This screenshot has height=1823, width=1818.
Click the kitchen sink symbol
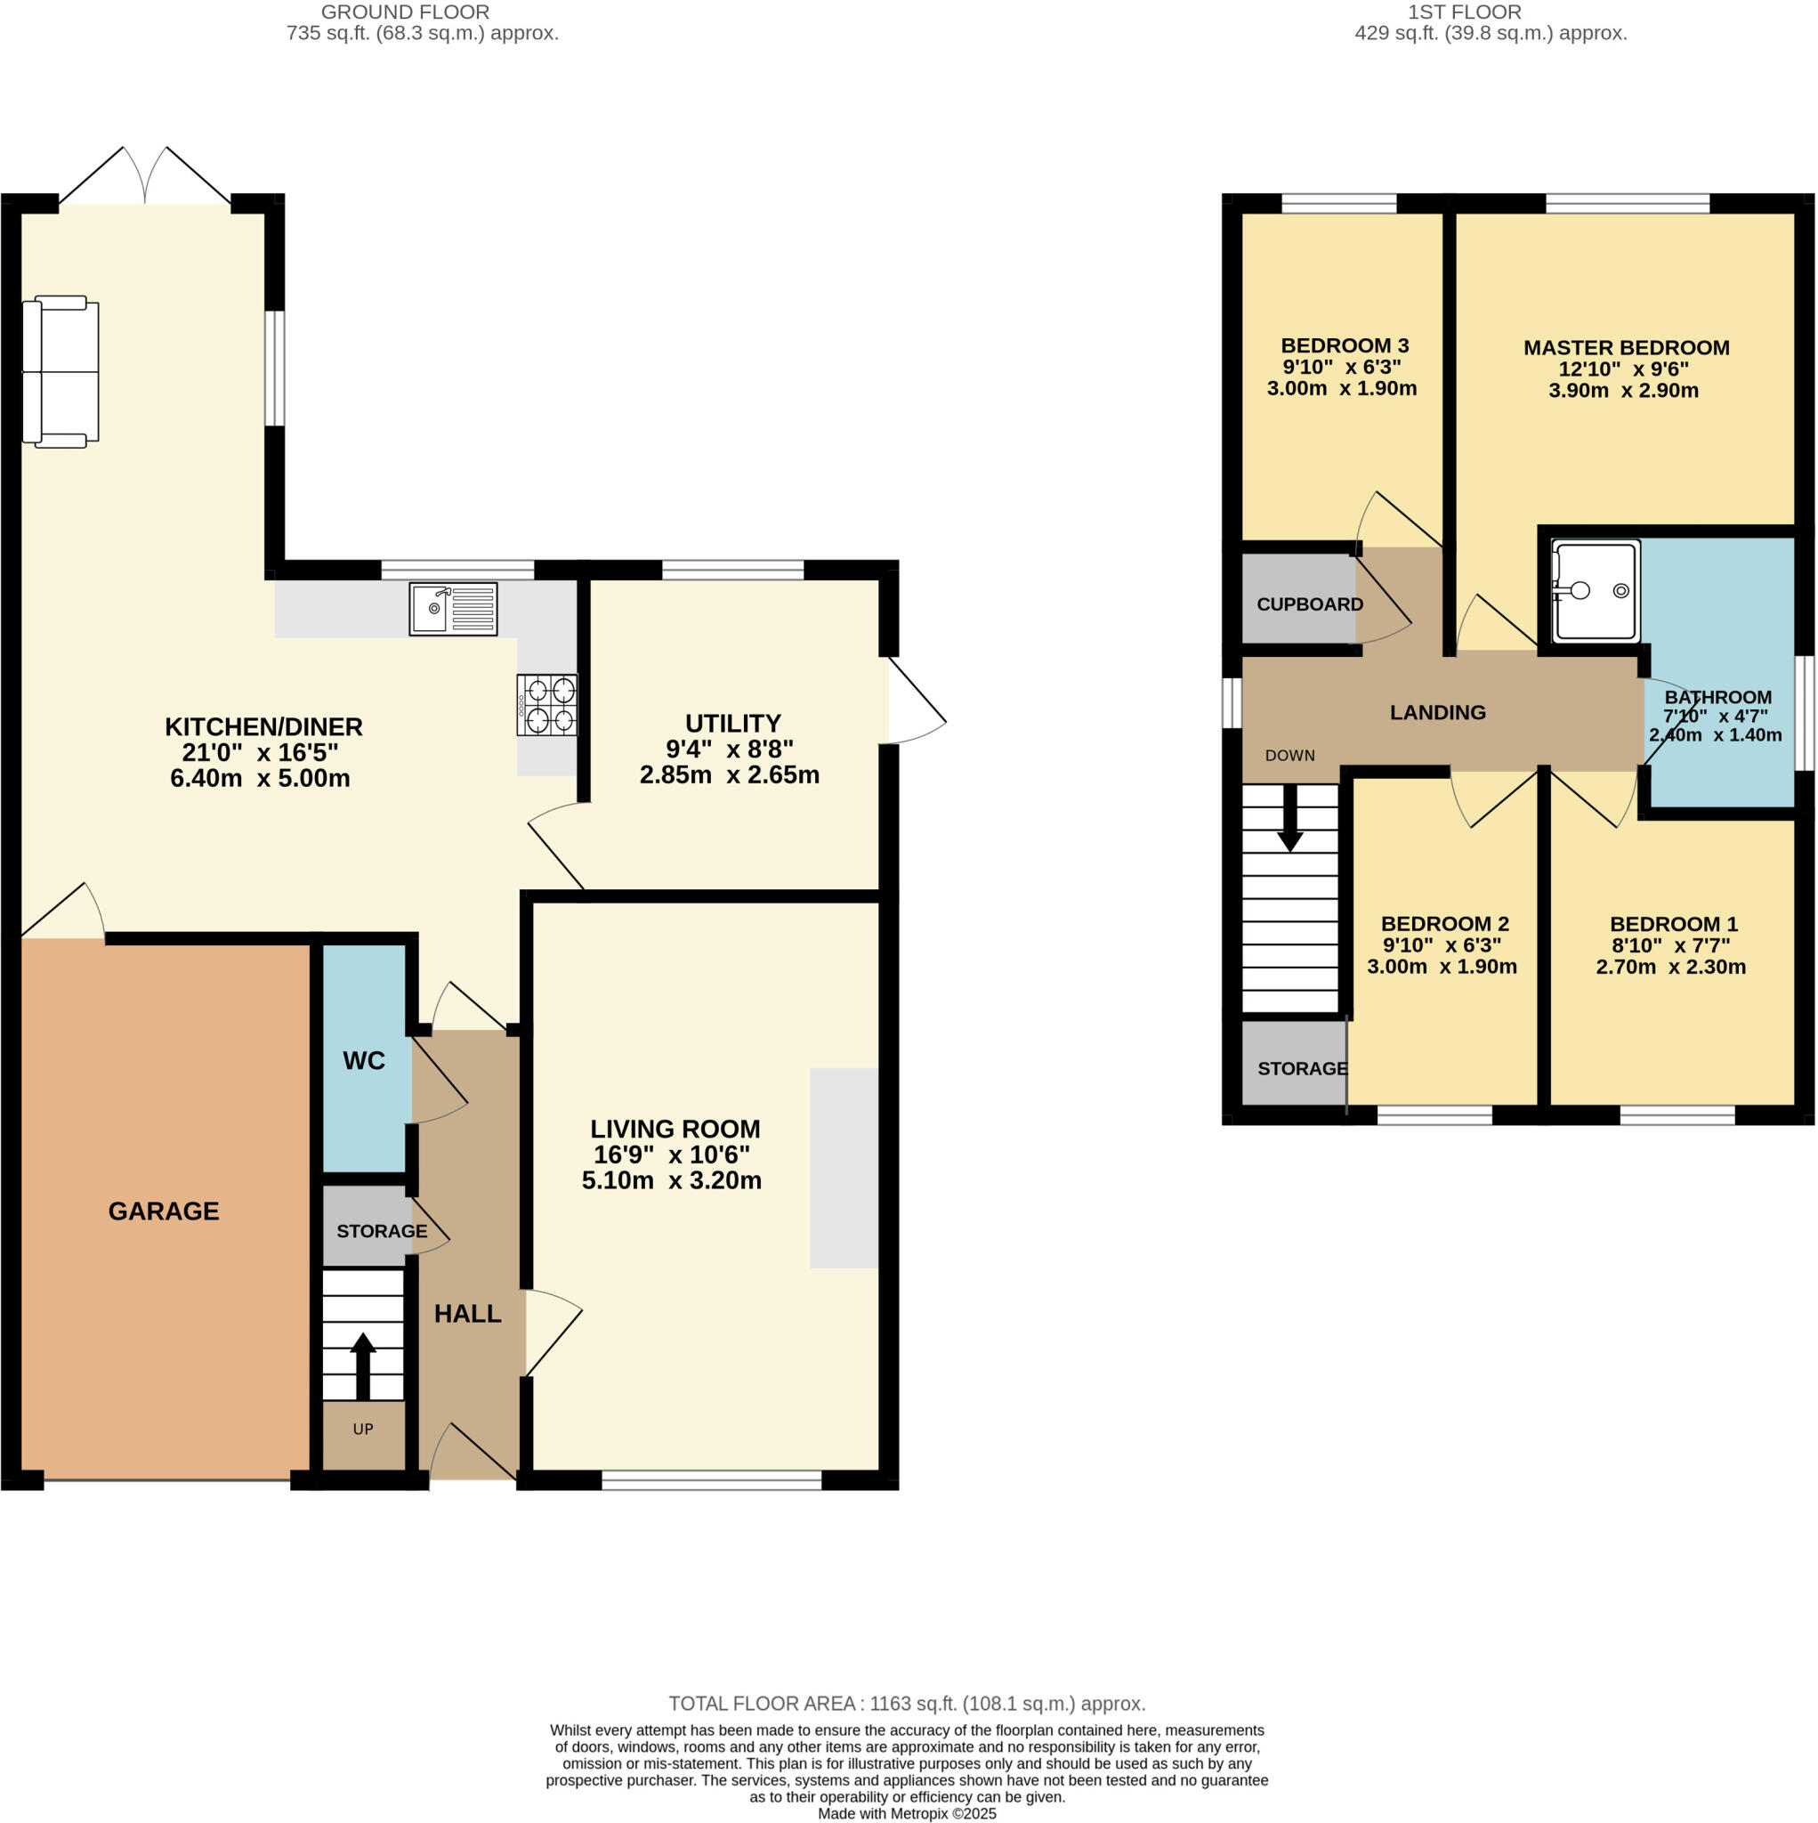pos(453,609)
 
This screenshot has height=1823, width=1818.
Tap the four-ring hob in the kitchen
pos(547,705)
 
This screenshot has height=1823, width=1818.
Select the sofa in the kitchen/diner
pos(61,372)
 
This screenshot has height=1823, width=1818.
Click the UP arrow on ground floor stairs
pos(362,1365)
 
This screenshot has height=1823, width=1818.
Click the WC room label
pos(364,1060)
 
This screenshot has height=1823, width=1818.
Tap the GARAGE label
pos(163,1211)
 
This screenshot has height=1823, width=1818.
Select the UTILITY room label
pos(733,724)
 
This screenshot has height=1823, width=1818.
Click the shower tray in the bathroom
pos(1596,591)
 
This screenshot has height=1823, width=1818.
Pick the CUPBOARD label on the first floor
pos(1310,604)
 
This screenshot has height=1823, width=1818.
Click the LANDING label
pos(1437,712)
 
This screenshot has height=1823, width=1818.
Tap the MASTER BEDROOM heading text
pos(1626,347)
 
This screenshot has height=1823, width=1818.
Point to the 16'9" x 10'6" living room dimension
pos(672,1154)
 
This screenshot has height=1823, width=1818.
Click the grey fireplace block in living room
pos(844,1167)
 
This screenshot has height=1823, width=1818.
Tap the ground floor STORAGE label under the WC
pos(381,1230)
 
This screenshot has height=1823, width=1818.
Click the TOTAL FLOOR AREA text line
pos(907,1703)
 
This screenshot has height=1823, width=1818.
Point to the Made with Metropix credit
pos(907,1813)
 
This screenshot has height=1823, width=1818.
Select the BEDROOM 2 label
pos(1444,924)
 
